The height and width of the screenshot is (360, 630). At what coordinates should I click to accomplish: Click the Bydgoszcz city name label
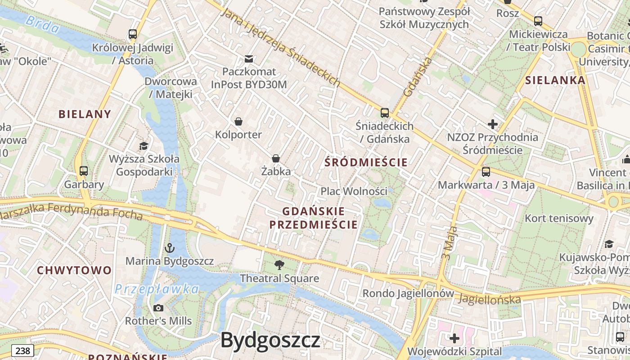coord(270,340)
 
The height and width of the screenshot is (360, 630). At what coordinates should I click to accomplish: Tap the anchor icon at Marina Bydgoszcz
coord(170,247)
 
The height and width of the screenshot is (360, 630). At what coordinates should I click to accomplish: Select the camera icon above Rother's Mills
coord(158,308)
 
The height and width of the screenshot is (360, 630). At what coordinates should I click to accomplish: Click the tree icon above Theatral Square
coord(279,265)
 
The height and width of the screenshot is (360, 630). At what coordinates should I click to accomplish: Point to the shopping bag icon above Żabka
coord(276,158)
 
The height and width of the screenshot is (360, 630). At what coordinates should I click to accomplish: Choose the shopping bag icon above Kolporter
coord(238,121)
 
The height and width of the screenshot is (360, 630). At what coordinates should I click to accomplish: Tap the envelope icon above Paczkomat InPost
coord(248,58)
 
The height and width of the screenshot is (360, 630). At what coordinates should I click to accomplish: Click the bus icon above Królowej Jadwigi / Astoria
coord(133,34)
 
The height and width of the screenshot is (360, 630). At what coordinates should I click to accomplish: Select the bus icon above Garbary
coord(84,171)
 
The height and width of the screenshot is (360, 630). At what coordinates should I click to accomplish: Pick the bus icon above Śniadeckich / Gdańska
coord(385,112)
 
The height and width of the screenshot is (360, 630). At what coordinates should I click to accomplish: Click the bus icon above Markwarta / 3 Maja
coord(486,171)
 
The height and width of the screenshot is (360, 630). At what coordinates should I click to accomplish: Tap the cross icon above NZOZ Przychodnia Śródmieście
coord(493,124)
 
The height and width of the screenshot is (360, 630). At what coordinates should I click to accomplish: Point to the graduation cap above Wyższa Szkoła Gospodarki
coord(144,146)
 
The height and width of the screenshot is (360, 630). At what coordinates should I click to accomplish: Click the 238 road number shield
coord(22,351)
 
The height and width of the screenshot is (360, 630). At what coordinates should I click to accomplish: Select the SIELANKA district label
coord(555,81)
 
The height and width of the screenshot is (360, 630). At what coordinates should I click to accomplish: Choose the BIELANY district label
coord(85,114)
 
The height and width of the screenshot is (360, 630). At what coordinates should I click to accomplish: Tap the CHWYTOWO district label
coord(74,270)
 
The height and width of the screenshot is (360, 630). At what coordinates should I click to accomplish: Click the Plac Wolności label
coord(354,191)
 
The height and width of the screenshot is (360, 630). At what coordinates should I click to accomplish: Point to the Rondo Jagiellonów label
coord(408,293)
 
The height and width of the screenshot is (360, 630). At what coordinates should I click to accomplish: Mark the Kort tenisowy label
coord(559,219)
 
